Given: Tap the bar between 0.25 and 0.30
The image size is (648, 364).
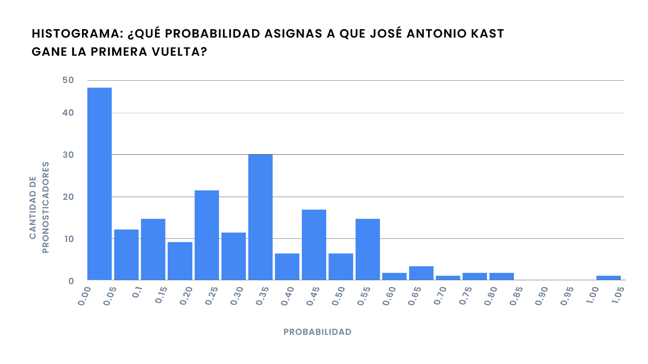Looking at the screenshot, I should (x=234, y=256).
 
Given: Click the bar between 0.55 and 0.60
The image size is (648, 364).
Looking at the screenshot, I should (x=394, y=276).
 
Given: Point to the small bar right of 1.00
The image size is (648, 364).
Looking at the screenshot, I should (x=608, y=278).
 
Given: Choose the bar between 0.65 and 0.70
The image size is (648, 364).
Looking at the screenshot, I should (x=448, y=278).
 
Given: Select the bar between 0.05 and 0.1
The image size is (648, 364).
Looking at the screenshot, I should (x=126, y=255).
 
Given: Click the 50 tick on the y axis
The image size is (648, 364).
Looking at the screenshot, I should (x=68, y=80).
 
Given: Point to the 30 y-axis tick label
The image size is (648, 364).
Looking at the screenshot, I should (x=68, y=155).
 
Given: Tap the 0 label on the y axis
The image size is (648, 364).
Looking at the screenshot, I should (x=71, y=281).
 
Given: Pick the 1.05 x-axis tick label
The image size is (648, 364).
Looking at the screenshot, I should (x=618, y=295).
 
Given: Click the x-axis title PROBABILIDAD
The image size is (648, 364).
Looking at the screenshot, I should (x=318, y=332).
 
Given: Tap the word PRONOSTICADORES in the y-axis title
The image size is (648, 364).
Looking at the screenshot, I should (x=45, y=207).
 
